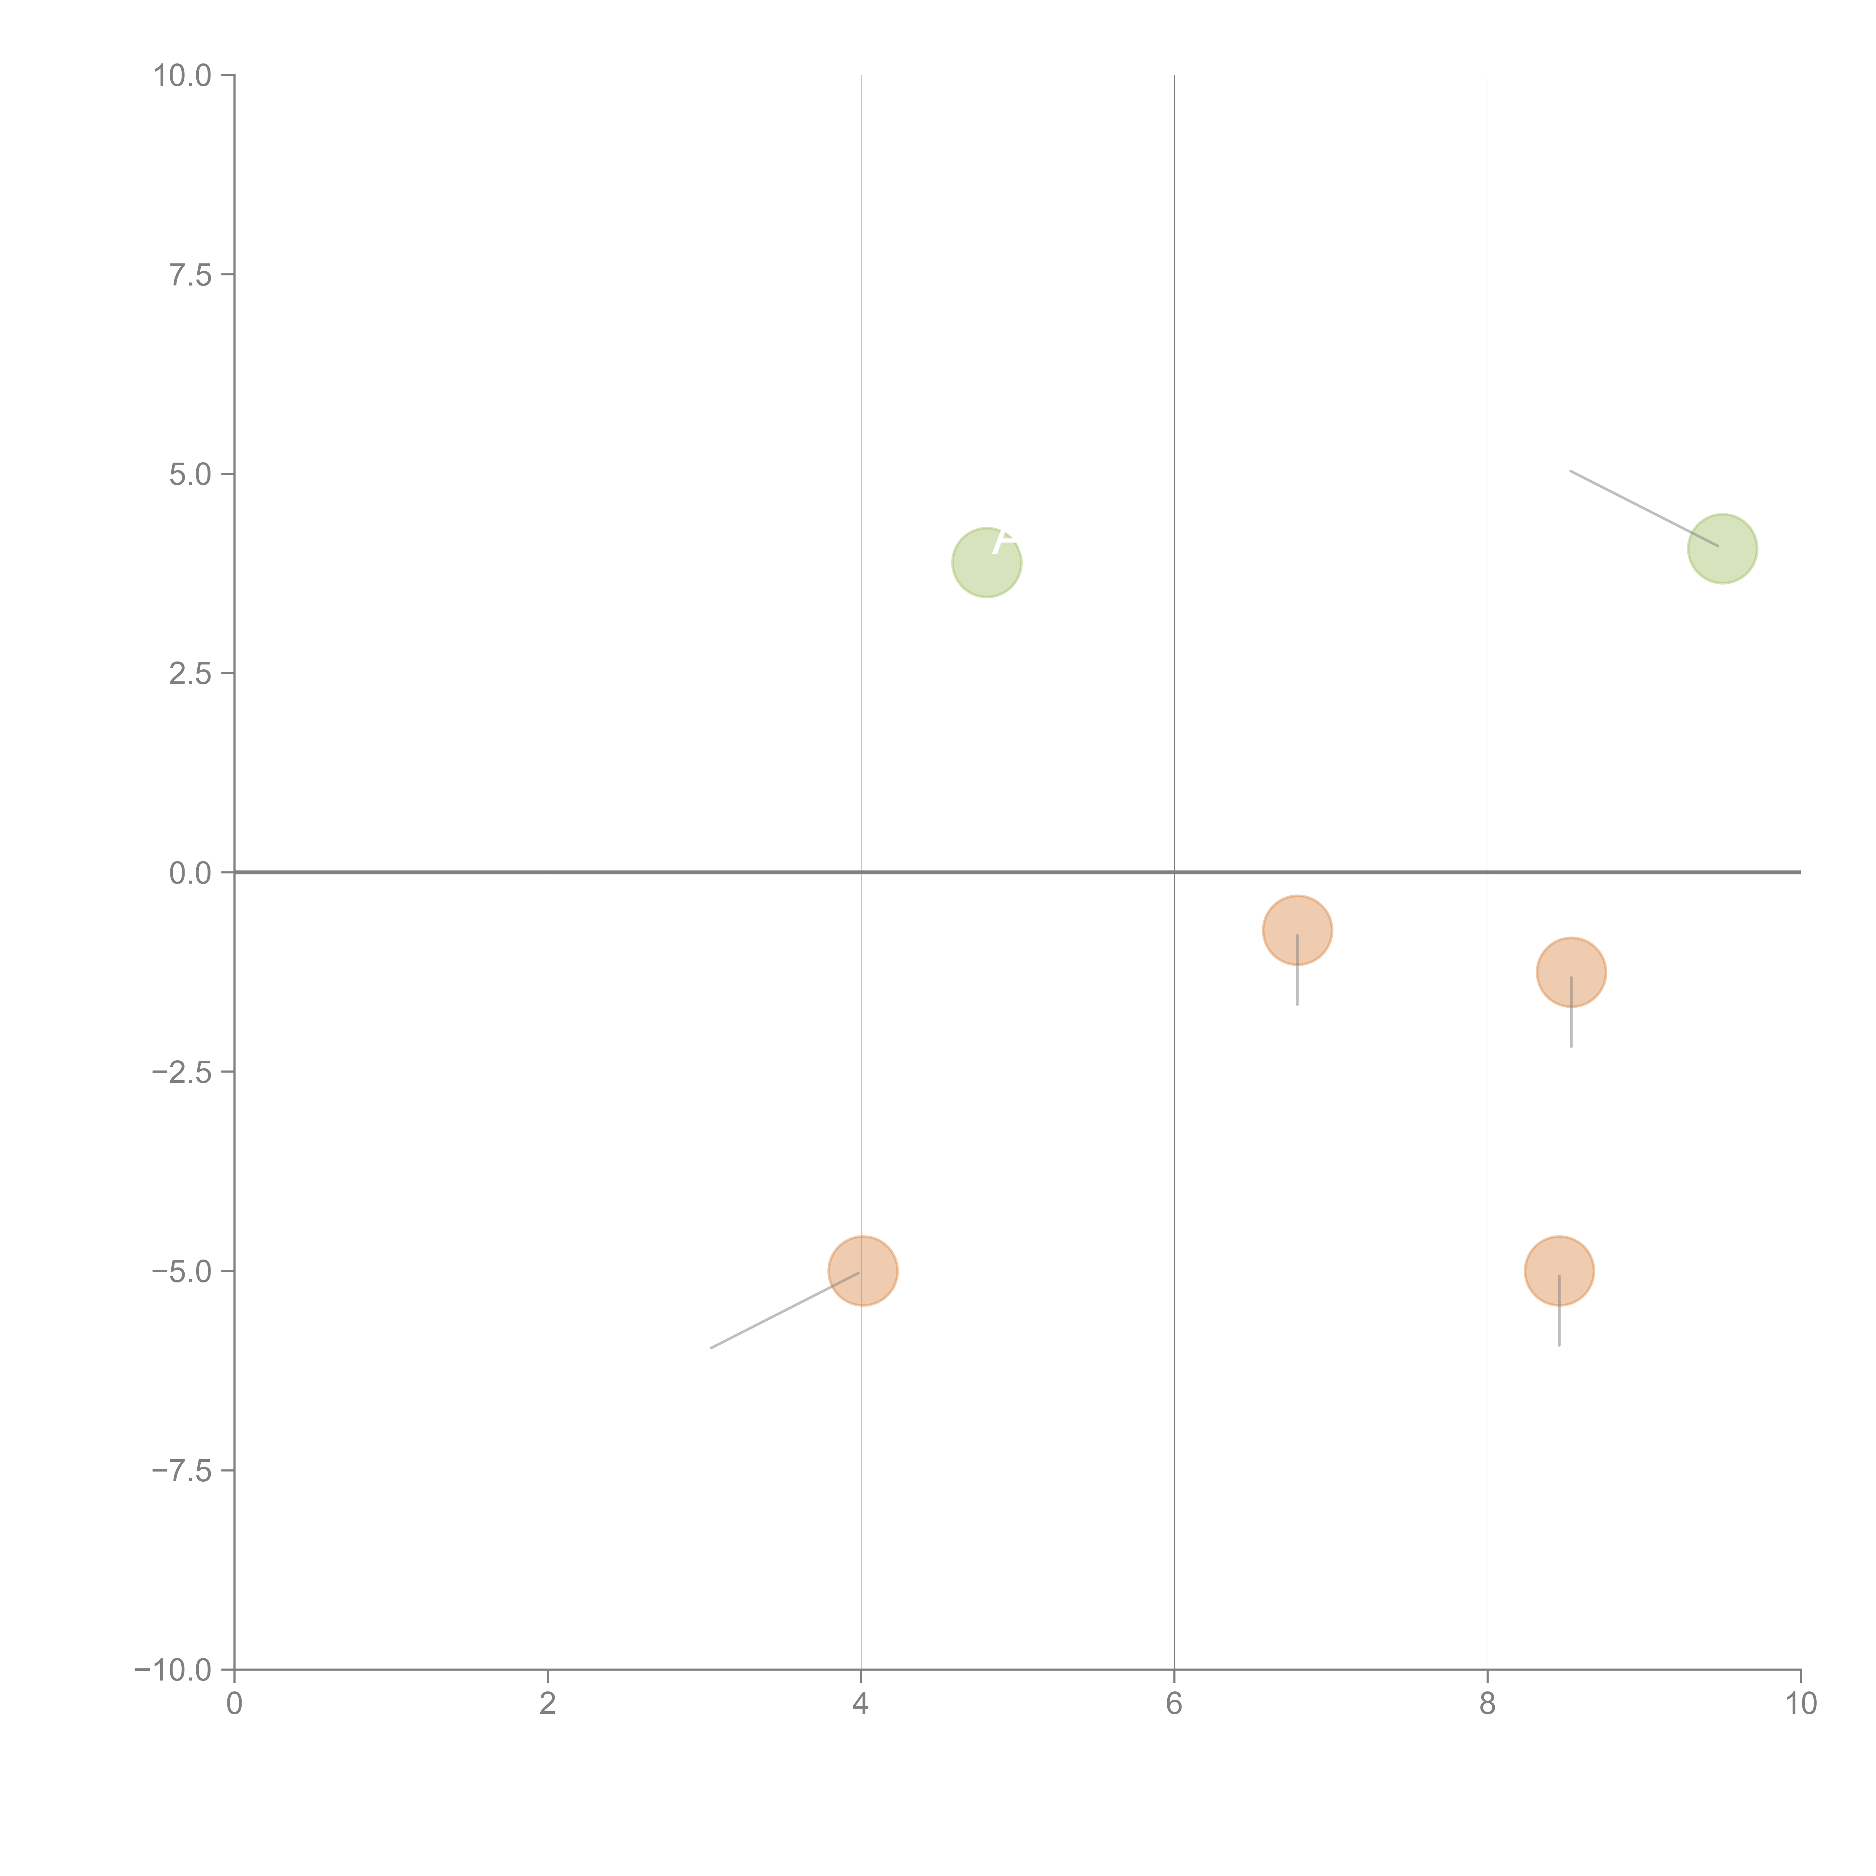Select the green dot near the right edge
click(x=1722, y=549)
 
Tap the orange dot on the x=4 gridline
click(x=862, y=1271)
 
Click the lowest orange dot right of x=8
click(x=1559, y=1271)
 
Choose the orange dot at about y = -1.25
click(x=1570, y=972)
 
